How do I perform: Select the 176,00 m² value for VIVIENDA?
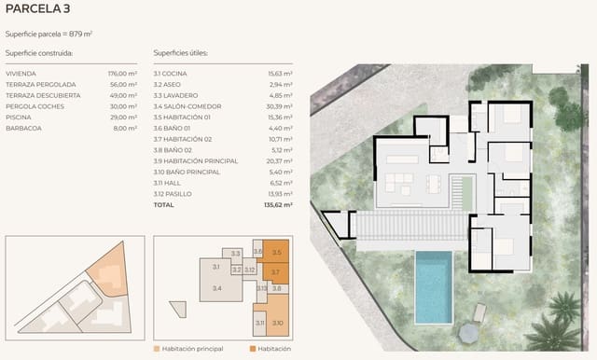coord(122,72)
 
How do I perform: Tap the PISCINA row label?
coord(19,117)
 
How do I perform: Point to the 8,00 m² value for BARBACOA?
coord(124,128)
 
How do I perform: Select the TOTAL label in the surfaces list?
coord(163,204)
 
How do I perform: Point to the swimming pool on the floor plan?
coord(433,285)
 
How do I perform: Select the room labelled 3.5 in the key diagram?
coord(276,252)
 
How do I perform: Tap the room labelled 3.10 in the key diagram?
coord(278,323)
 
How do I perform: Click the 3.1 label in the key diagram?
coord(215,268)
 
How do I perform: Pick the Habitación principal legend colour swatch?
coord(157,348)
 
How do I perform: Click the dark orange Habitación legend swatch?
coord(252,348)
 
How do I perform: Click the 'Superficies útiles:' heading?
coord(180,52)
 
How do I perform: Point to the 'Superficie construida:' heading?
coord(38,52)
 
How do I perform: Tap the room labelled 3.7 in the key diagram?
coord(276,271)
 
